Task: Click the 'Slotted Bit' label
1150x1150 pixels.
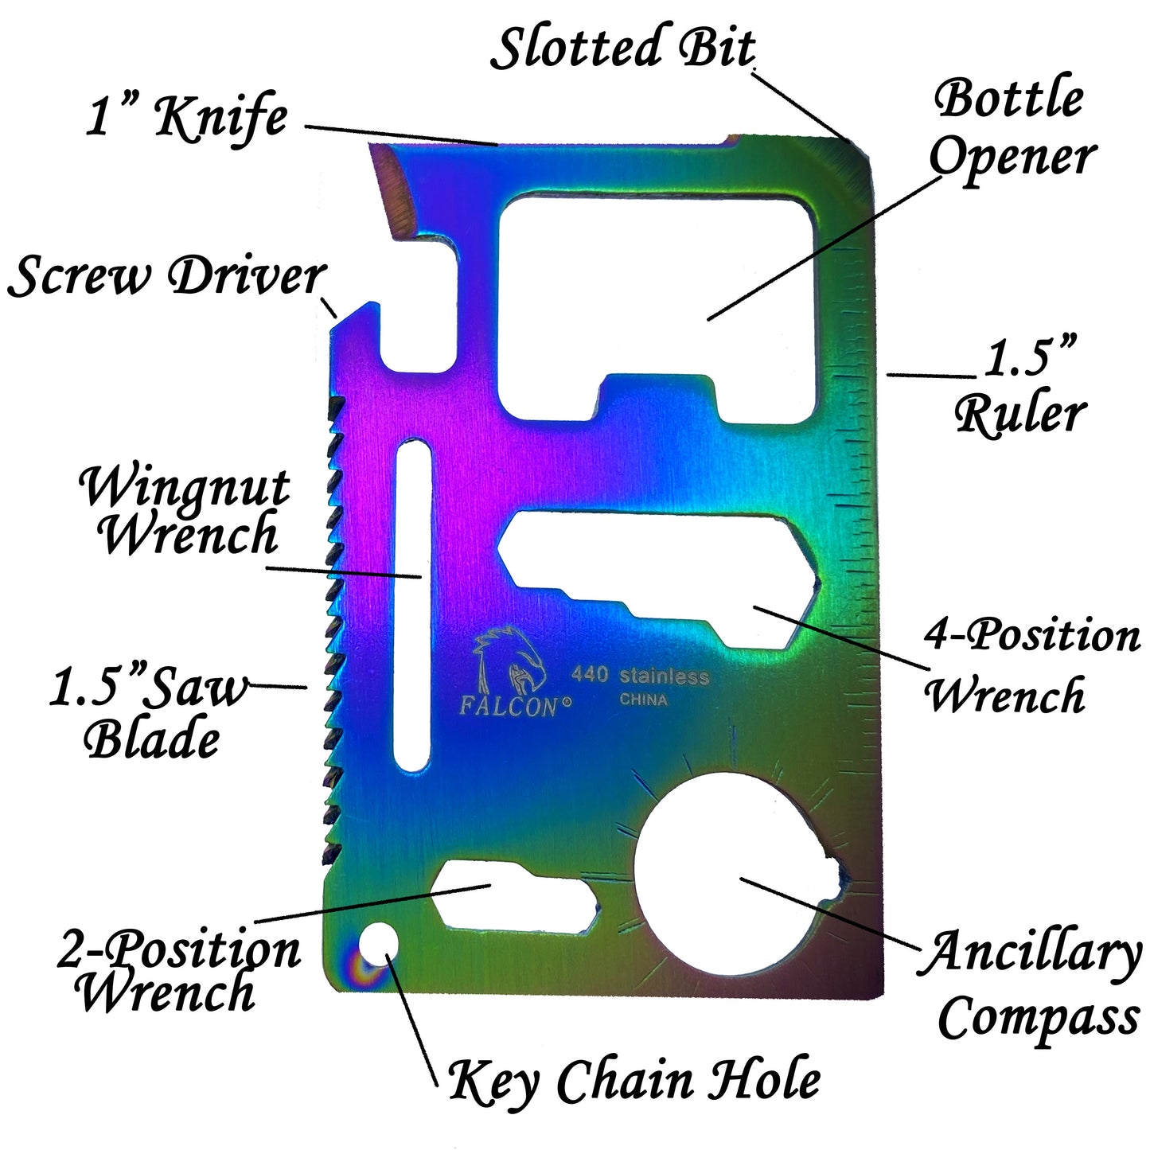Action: tap(622, 48)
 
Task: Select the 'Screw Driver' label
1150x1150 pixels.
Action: tap(166, 277)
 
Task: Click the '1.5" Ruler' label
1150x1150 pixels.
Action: tap(1022, 387)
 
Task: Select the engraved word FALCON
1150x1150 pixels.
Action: tap(508, 707)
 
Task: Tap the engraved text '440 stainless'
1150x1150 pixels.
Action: tap(639, 676)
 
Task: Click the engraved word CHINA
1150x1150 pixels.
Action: tap(643, 700)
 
